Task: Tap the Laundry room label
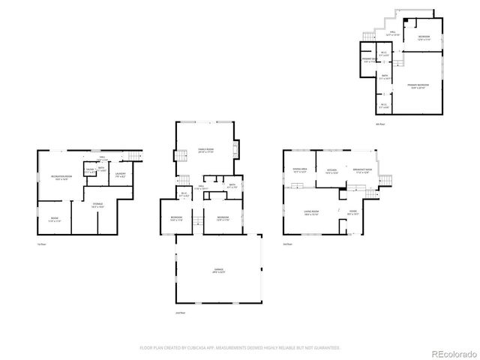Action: click(x=120, y=175)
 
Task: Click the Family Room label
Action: click(x=205, y=151)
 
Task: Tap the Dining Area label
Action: click(x=300, y=170)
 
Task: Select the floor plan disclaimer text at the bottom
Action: click(x=239, y=348)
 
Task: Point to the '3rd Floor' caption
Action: click(x=287, y=244)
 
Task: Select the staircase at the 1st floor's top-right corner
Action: click(x=134, y=154)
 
